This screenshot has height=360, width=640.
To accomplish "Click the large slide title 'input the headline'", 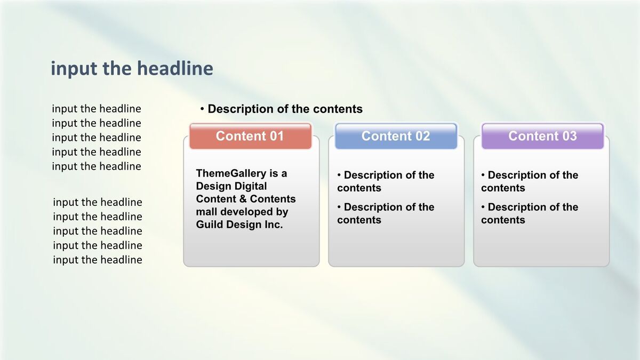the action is (x=132, y=69).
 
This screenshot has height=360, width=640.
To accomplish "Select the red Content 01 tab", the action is (x=250, y=136).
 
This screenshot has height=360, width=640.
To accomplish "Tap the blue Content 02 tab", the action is (x=396, y=136).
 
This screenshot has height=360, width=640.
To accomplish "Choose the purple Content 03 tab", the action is (x=542, y=136).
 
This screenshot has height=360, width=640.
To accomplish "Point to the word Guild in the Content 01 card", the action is (x=210, y=225).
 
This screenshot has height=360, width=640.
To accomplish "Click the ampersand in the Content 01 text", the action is (x=243, y=199).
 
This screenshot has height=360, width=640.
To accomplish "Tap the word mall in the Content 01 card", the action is (x=206, y=212).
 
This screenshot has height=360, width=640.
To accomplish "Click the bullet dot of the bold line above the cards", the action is (x=202, y=109).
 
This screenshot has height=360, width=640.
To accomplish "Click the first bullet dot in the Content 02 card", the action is (x=339, y=174).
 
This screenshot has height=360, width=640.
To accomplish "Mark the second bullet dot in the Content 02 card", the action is (x=339, y=206).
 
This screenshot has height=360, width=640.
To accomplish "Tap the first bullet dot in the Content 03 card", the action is (x=483, y=174).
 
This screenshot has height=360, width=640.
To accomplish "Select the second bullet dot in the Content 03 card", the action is (x=483, y=206).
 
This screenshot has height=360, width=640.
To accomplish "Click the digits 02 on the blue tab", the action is (x=422, y=136).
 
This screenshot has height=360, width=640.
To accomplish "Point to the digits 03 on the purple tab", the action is (x=570, y=136).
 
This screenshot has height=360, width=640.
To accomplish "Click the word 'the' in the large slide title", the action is (x=117, y=69).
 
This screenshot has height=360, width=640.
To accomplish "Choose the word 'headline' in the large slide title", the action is (x=175, y=69).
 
